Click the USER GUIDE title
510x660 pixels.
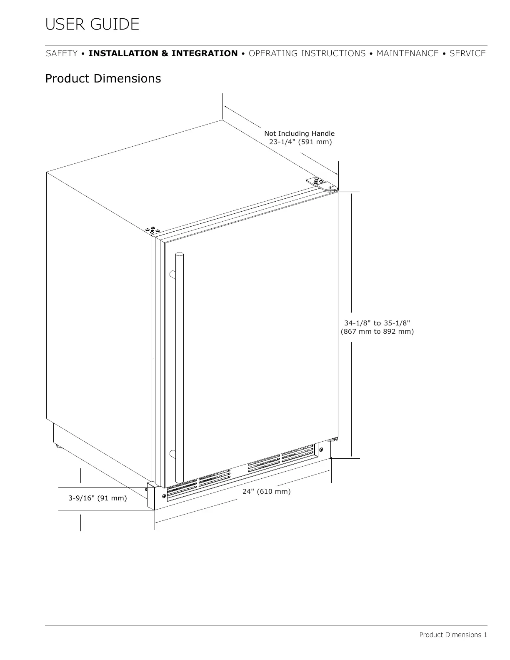coord(92,25)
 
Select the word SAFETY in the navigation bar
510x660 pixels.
coord(62,54)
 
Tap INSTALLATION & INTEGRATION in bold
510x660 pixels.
coord(163,54)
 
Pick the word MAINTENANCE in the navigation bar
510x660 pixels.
coord(407,54)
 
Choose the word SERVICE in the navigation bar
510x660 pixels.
coord(467,54)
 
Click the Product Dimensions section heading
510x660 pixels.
coord(103,79)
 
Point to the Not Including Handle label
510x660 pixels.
coord(299,133)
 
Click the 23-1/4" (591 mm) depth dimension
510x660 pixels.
coord(300,142)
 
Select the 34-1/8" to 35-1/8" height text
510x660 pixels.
coord(377,323)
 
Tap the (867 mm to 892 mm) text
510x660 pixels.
coord(377,332)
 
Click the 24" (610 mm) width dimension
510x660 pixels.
coord(266,491)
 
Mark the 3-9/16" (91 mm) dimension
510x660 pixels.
coord(97,498)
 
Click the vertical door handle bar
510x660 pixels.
coord(180,367)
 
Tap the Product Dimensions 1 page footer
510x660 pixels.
coord(453,635)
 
